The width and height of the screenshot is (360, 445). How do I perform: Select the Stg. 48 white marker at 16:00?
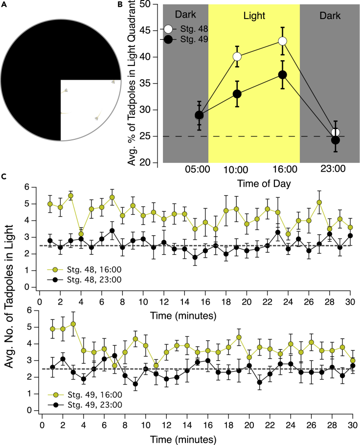(282, 41)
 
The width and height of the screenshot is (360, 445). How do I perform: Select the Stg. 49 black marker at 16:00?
(282, 75)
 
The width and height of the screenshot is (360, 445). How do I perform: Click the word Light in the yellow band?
(254, 15)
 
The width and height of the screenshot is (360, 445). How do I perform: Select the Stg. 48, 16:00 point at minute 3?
(71, 196)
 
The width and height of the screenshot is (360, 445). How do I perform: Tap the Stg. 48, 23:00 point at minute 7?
(112, 230)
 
